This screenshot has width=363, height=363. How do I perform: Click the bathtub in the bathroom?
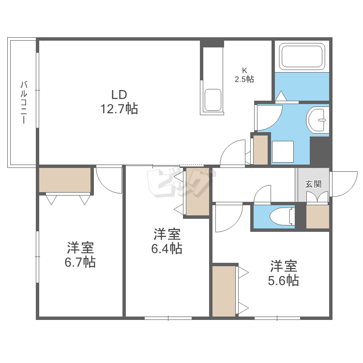click(302, 57)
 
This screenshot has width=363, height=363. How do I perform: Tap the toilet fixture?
click(282, 216)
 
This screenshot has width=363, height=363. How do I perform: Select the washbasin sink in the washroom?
click(318, 120)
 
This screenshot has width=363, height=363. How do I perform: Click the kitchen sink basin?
click(212, 100)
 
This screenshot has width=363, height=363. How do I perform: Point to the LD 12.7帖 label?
click(119, 102)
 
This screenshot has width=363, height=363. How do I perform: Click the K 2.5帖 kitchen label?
click(244, 75)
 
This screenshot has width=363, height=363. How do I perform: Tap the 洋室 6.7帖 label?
click(80, 255)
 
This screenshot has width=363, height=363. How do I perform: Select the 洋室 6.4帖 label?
click(166, 241)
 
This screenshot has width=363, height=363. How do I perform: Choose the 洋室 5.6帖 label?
click(283, 273)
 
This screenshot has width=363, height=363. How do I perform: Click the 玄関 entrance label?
click(313, 184)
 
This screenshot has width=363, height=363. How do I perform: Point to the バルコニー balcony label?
click(24, 102)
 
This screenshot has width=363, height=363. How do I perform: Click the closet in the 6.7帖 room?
click(65, 180)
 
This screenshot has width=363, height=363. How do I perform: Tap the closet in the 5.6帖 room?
click(224, 291)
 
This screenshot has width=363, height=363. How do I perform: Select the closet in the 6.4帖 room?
click(197, 192)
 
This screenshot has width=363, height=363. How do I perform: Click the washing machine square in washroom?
click(283, 151)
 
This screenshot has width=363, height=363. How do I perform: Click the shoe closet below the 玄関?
click(318, 217)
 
